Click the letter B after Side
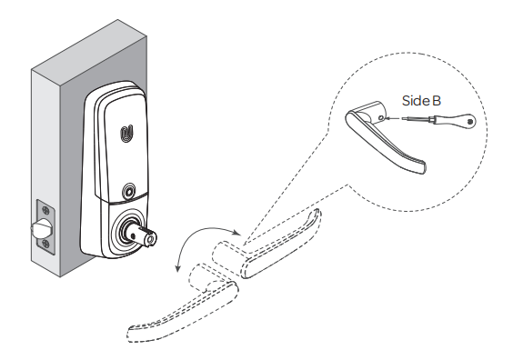(437, 100)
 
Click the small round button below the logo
(128, 194)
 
